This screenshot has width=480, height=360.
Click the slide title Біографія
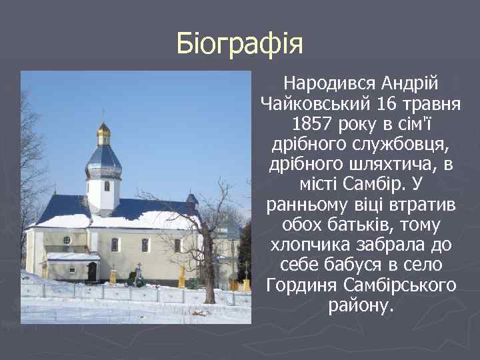click(x=240, y=44)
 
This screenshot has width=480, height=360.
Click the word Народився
click(x=331, y=84)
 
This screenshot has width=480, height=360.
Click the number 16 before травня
click(x=389, y=105)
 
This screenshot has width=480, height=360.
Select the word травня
click(x=435, y=105)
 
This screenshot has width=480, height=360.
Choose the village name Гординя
click(x=301, y=285)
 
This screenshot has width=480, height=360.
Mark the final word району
click(x=361, y=306)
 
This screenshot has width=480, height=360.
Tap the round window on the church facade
click(x=67, y=239)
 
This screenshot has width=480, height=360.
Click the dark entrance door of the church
click(x=91, y=271)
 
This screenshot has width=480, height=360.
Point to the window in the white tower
click(x=106, y=186)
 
